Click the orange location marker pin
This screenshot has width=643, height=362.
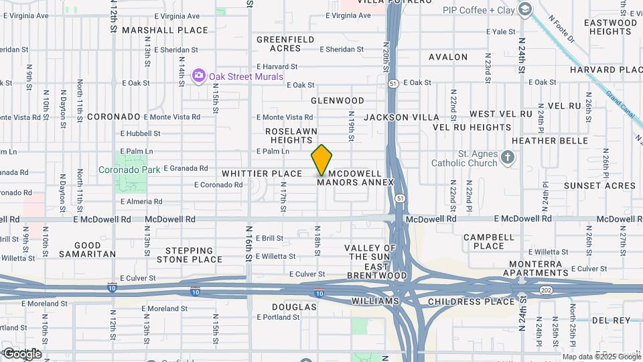[x=321, y=160]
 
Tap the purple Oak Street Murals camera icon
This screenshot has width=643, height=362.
[x=198, y=75]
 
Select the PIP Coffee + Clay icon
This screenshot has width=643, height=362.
[x=524, y=9]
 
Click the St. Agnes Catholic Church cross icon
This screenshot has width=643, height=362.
[x=508, y=158]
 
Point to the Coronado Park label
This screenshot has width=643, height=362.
[x=130, y=170]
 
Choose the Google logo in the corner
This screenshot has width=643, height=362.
[x=21, y=353]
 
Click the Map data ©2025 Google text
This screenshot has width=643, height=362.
[x=601, y=357]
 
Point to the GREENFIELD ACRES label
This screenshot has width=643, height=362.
[x=285, y=44]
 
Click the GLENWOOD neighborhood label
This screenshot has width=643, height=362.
[x=338, y=101]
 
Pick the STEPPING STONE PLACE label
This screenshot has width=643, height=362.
[x=190, y=255]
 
